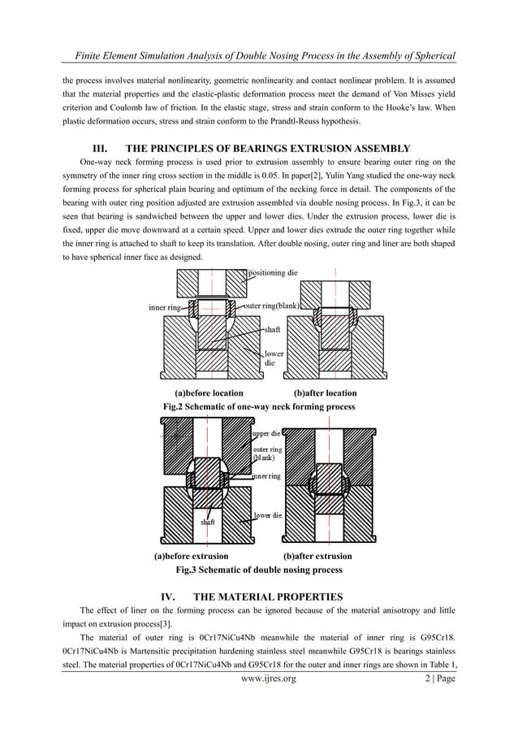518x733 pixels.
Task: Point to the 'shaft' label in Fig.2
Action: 271,330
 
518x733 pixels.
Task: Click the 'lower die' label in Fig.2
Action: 274,358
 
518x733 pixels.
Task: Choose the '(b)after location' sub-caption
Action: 325,393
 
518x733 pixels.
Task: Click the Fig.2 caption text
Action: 259,406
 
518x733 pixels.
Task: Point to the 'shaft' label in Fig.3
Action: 209,523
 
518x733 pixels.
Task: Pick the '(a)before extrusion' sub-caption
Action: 192,557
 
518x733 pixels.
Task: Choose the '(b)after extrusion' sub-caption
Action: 317,557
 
